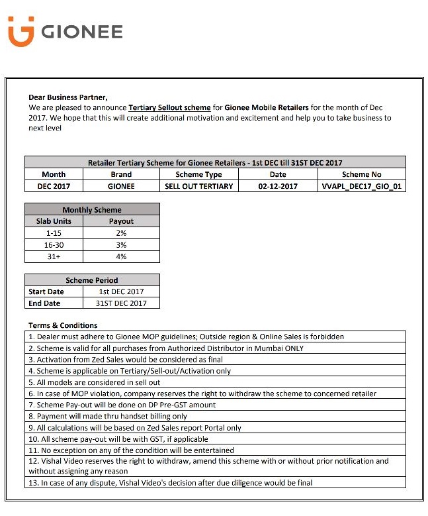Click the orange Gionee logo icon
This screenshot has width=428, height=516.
[x=21, y=32]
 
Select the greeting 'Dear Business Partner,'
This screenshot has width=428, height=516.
[x=67, y=97]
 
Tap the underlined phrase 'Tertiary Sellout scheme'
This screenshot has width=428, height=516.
[x=169, y=107]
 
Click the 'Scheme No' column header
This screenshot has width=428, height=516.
[x=361, y=174]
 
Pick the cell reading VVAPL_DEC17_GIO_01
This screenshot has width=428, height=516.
[x=361, y=186]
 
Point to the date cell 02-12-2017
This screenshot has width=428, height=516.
[x=278, y=186]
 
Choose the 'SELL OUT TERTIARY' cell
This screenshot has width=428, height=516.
[x=198, y=186]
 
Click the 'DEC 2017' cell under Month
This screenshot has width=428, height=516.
[x=54, y=186]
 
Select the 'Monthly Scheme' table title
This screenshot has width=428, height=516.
[x=92, y=210]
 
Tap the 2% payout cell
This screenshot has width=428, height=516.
[x=121, y=233]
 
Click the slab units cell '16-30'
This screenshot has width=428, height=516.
[x=54, y=245]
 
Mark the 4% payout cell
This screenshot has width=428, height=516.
[x=121, y=256]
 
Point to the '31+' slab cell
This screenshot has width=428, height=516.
[x=54, y=256]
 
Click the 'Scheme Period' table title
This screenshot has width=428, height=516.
[x=92, y=280]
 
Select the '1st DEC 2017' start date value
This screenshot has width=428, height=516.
[x=121, y=291]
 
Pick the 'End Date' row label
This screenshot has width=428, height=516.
[x=44, y=303]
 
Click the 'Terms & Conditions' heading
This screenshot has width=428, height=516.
[x=63, y=325]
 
